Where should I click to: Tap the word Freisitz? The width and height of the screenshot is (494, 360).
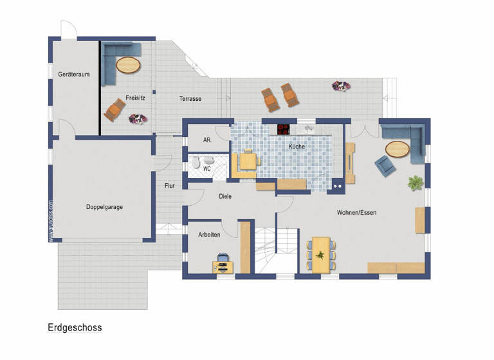click(134, 98)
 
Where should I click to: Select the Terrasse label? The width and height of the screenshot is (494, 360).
click(190, 99)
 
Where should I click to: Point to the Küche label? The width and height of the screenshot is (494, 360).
click(297, 147)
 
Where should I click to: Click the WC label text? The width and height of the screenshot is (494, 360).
click(207, 169)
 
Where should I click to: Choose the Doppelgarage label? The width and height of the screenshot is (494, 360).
click(104, 207)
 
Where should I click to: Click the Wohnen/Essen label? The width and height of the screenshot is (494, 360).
click(356, 212)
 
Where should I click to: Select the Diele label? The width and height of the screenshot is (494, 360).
click(225, 197)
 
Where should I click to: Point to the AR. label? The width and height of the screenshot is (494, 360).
click(207, 139)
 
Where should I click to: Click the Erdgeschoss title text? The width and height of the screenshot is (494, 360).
click(75, 327)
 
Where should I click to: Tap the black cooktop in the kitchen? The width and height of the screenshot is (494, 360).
click(284, 129)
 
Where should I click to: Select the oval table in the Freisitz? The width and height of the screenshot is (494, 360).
click(128, 65)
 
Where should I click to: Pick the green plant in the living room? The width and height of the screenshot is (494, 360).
click(415, 183)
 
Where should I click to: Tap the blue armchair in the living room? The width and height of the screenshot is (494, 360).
click(385, 166)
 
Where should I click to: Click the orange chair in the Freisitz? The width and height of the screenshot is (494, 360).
click(114, 110)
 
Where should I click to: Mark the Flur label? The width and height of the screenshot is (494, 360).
click(169, 186)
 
